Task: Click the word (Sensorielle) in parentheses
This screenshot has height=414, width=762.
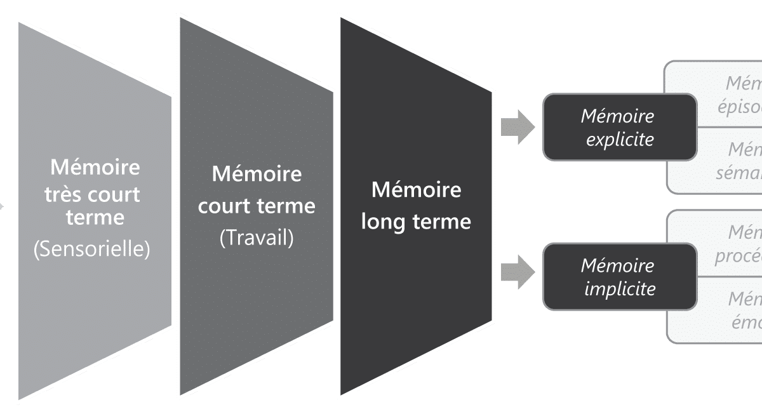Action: tap(91, 250)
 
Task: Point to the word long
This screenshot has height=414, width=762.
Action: tap(387, 222)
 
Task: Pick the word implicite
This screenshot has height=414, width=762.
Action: tap(619, 288)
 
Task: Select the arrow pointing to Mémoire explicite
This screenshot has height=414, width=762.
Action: tap(517, 127)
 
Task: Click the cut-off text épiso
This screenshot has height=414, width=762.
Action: tap(739, 107)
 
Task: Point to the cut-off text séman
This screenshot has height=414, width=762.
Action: tap(739, 172)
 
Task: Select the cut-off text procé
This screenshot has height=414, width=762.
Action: tap(738, 255)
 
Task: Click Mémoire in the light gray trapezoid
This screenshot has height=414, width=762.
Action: tap(95, 168)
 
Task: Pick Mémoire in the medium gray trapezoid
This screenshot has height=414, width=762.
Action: tap(257, 173)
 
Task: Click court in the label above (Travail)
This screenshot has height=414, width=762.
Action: tap(224, 206)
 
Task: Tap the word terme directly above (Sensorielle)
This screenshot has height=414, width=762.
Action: tap(95, 217)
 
